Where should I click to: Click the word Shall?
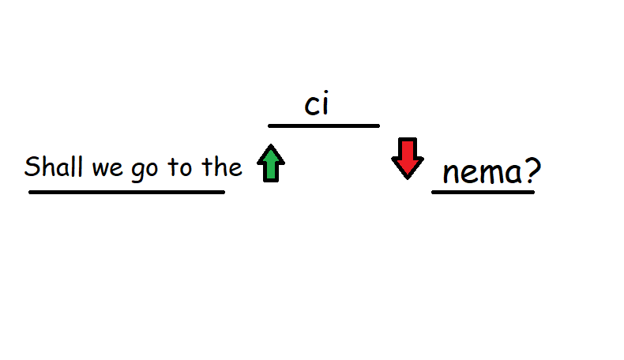(x=54, y=166)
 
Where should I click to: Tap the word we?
(x=107, y=168)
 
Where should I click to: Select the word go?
(x=145, y=171)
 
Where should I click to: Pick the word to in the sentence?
(x=180, y=167)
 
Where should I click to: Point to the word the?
(x=222, y=167)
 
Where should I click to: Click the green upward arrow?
(x=271, y=163)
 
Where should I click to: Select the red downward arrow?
(x=408, y=159)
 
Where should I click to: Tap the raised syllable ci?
(x=317, y=104)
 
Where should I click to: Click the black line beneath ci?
(x=324, y=126)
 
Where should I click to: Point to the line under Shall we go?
(x=127, y=192)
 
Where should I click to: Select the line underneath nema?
(x=483, y=192)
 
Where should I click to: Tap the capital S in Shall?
(x=32, y=166)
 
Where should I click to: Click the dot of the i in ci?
(x=325, y=94)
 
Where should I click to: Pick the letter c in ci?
(x=312, y=107)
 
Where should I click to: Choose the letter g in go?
(x=138, y=172)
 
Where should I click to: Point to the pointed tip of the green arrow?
(x=271, y=144)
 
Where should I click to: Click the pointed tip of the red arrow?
(x=408, y=179)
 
